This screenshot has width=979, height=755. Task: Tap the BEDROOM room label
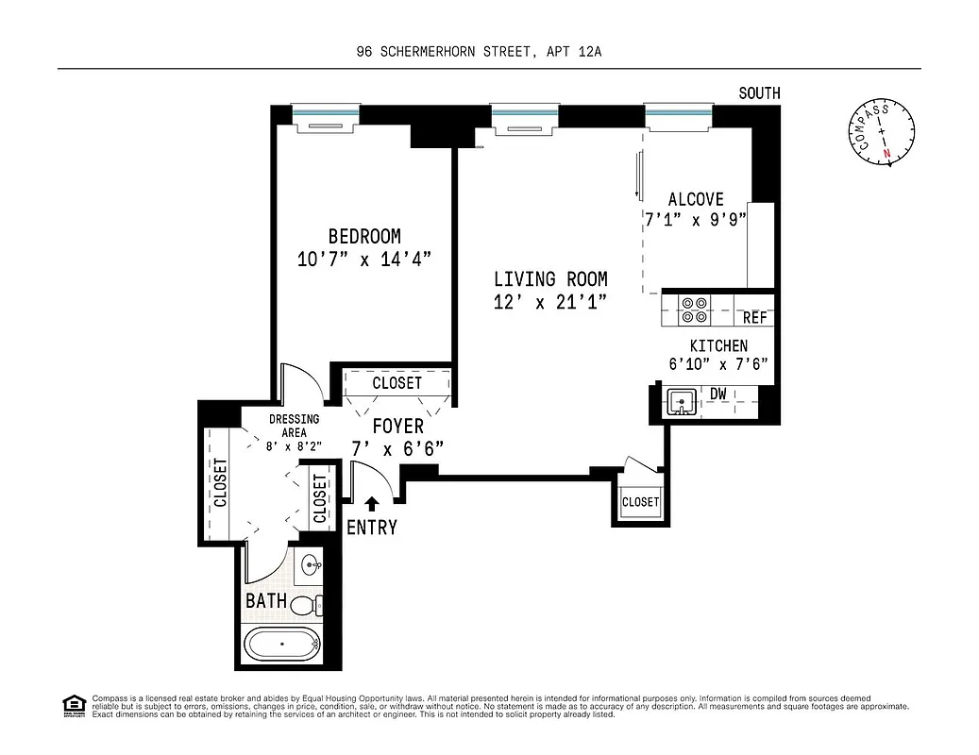pos(363,237)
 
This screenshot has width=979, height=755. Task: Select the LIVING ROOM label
pos(550,279)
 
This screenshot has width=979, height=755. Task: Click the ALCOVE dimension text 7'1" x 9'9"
pos(695,220)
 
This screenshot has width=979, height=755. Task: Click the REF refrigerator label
pos(754,318)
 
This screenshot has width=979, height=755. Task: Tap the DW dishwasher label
pos(718,393)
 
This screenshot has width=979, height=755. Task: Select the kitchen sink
pos(680,402)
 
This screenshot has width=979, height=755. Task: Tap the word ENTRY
pos(372,528)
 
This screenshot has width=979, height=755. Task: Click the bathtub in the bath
pos(281,646)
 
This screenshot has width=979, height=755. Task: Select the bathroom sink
pos(311,567)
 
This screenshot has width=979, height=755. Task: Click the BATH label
pos(266,600)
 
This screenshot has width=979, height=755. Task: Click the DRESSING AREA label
pos(294,426)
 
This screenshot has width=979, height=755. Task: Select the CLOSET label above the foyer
pos(397,383)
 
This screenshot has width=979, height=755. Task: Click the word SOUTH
pos(759,92)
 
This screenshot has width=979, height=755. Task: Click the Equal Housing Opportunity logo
pos(73,703)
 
